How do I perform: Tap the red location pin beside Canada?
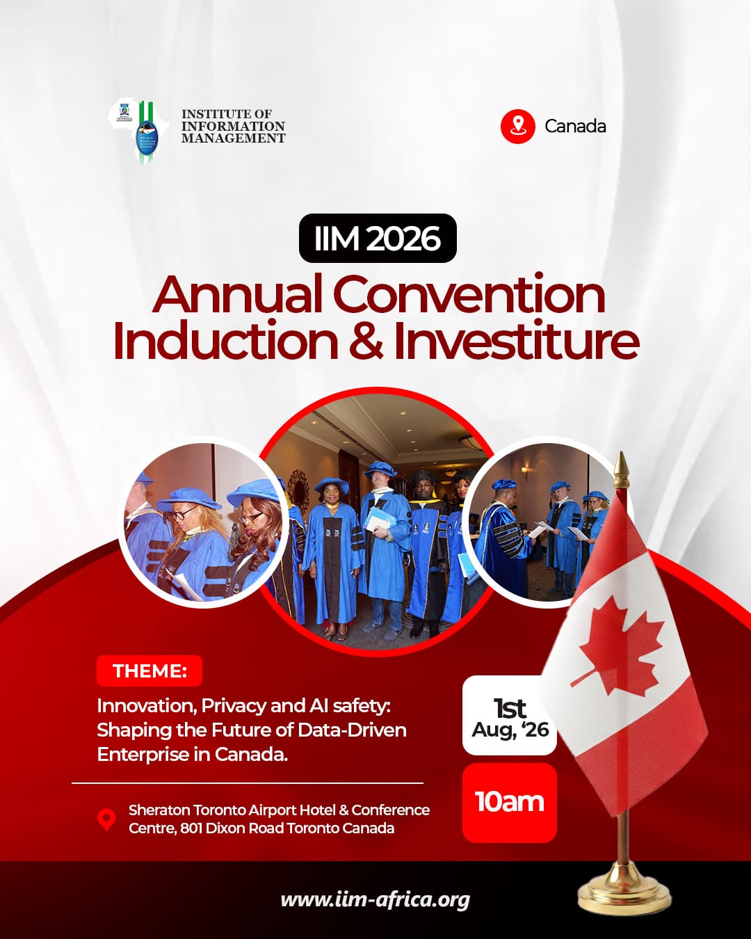pyautogui.click(x=517, y=127)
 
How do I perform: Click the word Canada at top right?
pyautogui.click(x=575, y=127)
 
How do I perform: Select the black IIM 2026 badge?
pyautogui.click(x=378, y=239)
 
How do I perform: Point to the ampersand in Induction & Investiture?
pyautogui.click(x=366, y=342)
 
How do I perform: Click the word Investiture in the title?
pyautogui.click(x=516, y=342)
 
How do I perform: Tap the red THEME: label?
pyautogui.click(x=150, y=671)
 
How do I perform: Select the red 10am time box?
pyautogui.click(x=510, y=802)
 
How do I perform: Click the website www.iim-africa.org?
pyautogui.click(x=375, y=900)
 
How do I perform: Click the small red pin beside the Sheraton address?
pyautogui.click(x=106, y=819)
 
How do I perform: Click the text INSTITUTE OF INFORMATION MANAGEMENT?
pyautogui.click(x=233, y=127)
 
